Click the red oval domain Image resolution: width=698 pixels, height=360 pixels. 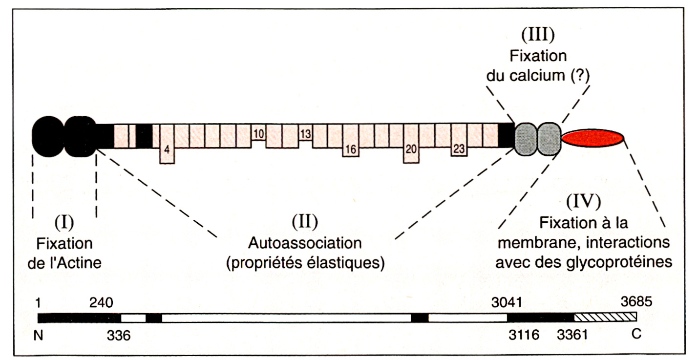point(592,138)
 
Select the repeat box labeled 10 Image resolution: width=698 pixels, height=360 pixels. point(259,133)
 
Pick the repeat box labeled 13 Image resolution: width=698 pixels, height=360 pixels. point(305,133)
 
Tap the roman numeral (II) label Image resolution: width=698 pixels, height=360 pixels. point(305,222)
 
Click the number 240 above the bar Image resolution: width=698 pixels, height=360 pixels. point(101,303)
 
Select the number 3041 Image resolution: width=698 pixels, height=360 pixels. point(507,303)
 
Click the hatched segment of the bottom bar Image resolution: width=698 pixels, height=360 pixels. point(606,318)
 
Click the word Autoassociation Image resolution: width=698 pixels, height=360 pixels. point(305,243)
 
